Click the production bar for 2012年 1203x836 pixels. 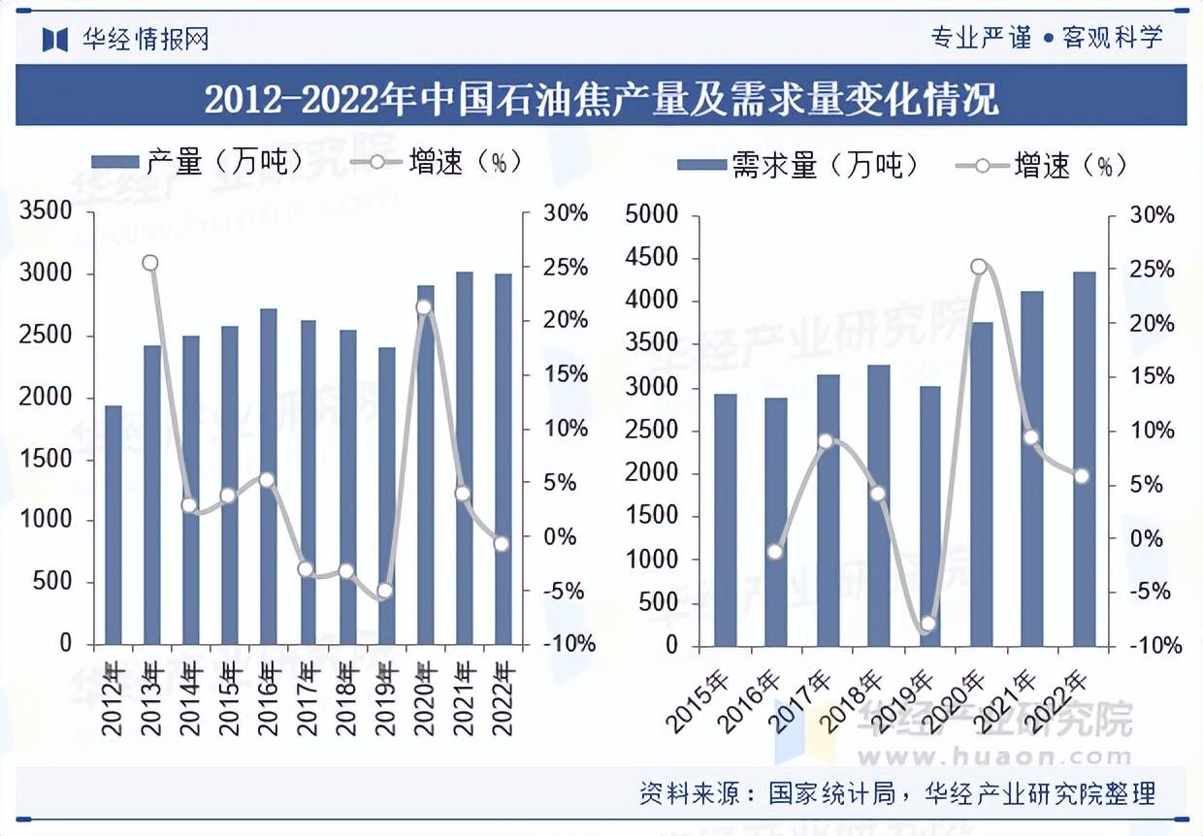(x=114, y=525)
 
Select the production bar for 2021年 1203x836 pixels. (x=465, y=459)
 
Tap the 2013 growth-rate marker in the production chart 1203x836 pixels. (x=149, y=263)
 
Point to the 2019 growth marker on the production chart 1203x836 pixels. (x=384, y=591)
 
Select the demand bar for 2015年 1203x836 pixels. (x=726, y=520)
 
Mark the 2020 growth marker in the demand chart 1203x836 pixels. (x=979, y=267)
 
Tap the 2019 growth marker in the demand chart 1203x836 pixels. (x=927, y=624)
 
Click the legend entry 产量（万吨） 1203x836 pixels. (x=199, y=162)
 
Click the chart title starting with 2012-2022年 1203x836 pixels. (x=601, y=100)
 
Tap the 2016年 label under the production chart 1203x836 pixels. (x=269, y=698)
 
